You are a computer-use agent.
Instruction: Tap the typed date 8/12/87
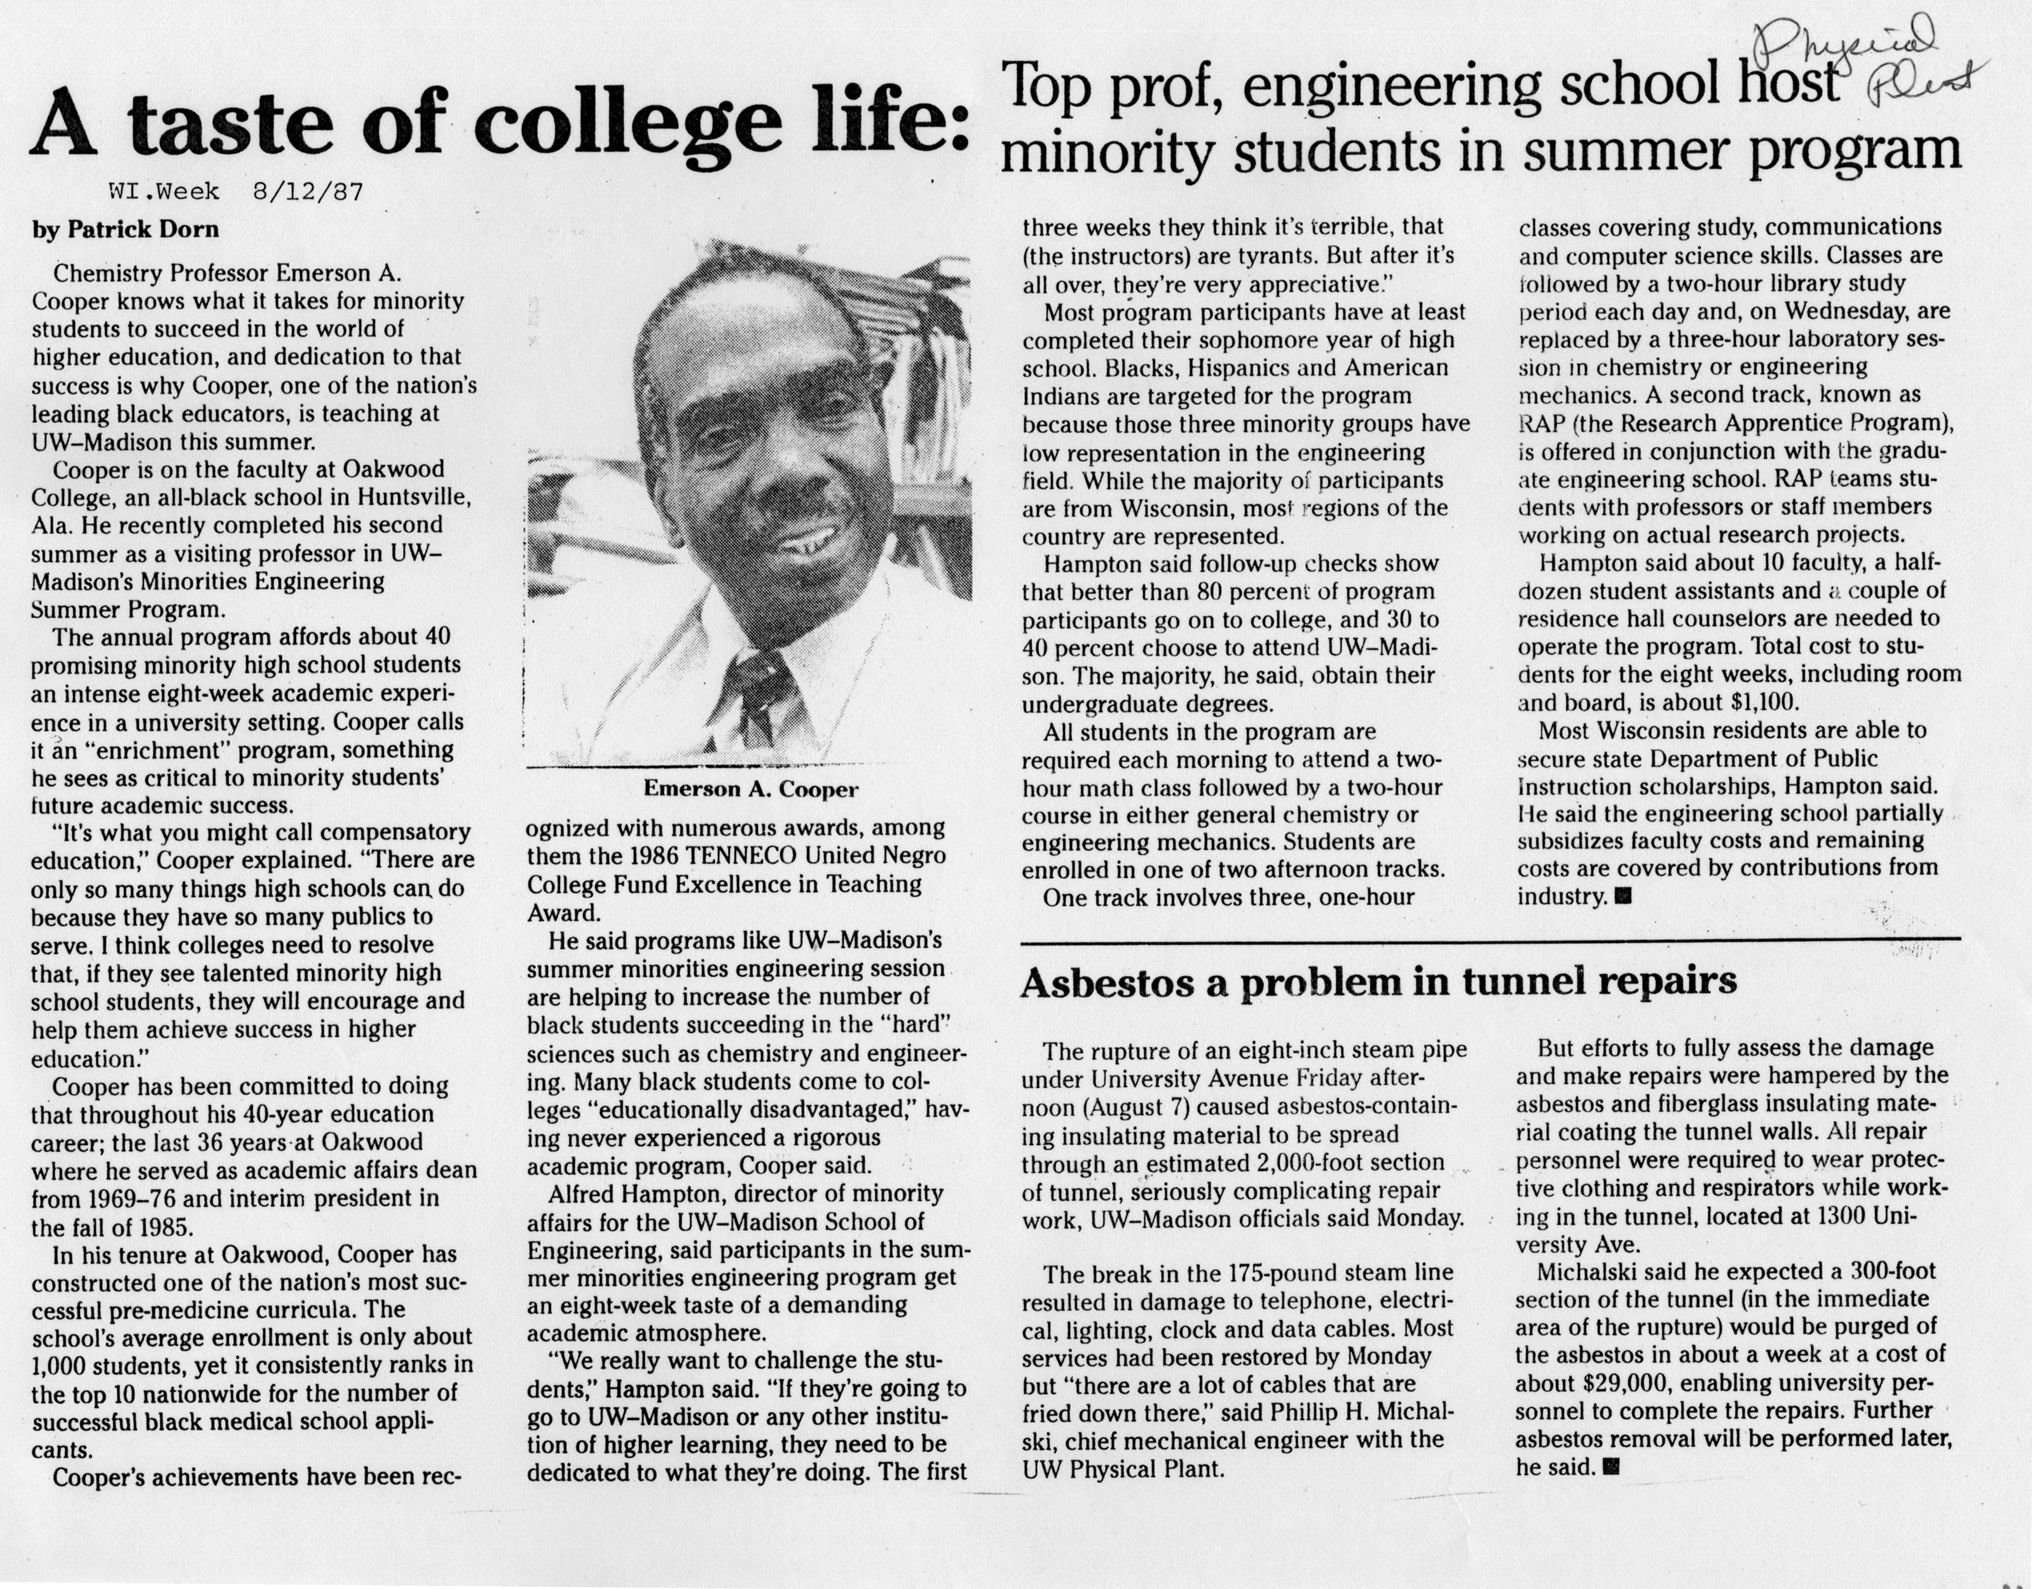307,193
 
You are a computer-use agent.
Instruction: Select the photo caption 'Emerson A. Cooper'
751,790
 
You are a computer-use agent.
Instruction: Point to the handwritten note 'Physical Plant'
1870,58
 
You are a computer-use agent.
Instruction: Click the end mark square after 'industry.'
1626,897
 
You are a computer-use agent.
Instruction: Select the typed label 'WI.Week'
165,193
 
